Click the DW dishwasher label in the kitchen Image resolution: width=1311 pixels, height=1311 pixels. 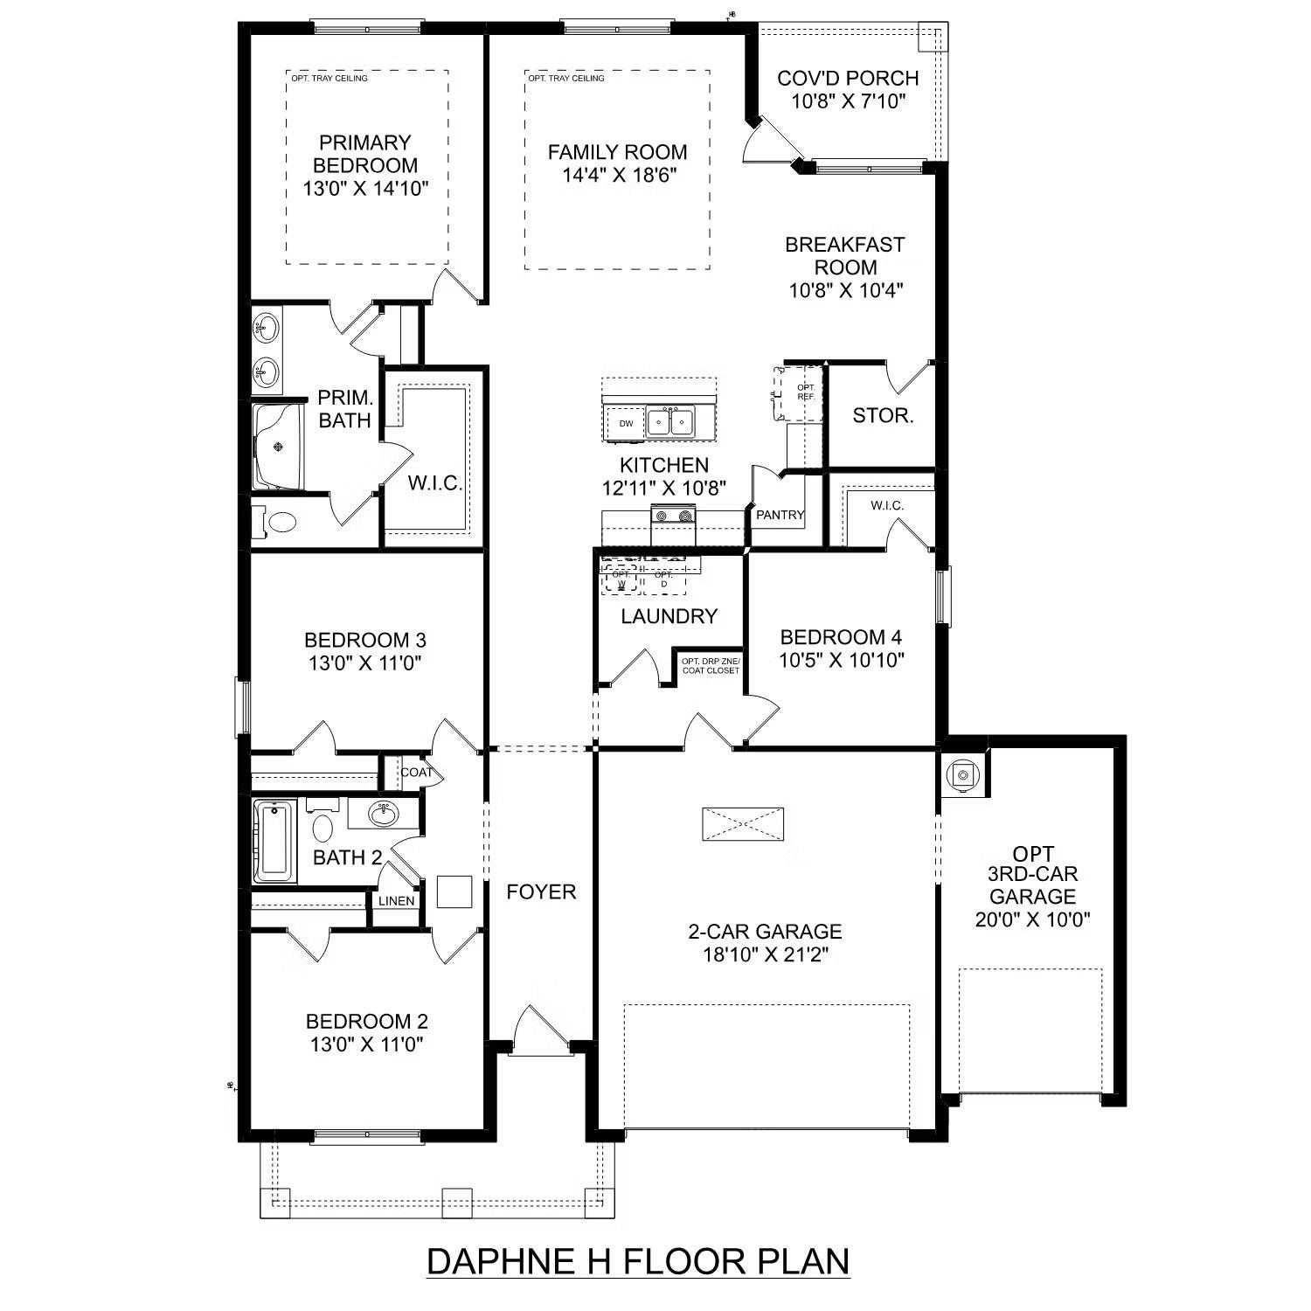626,424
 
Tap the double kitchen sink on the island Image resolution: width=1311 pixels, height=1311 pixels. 670,422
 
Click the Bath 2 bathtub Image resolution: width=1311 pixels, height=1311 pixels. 275,841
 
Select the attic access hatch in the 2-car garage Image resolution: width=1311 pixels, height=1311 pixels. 743,823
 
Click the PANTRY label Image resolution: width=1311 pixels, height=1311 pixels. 780,515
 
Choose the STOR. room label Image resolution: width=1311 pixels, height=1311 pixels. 883,416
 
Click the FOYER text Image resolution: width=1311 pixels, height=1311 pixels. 541,892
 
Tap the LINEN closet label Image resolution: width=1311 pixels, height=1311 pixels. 396,901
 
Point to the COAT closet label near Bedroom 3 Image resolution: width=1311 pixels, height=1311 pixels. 416,773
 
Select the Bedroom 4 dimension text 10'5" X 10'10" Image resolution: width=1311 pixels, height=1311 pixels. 841,660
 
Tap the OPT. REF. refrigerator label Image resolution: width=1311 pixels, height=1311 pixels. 805,392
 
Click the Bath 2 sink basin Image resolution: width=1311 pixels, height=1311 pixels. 383,814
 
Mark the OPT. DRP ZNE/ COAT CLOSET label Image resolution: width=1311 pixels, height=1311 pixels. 710,665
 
